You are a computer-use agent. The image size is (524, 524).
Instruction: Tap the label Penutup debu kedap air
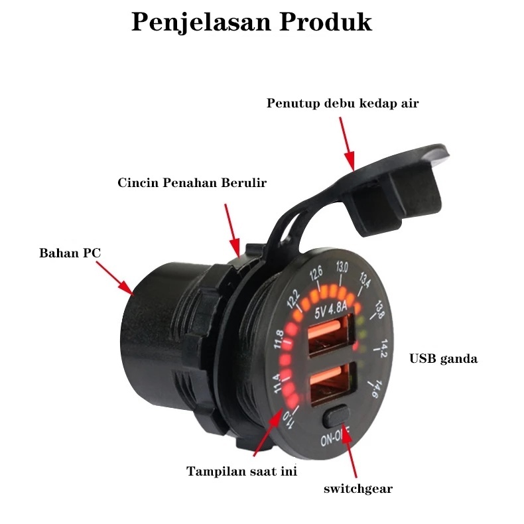[343, 103]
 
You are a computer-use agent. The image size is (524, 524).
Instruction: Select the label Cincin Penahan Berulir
[192, 182]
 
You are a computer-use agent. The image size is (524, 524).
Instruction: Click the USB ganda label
[443, 359]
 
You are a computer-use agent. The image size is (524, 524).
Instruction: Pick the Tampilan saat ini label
[241, 472]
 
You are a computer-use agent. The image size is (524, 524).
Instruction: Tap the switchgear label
[358, 489]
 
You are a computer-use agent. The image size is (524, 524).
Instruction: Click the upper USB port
[332, 337]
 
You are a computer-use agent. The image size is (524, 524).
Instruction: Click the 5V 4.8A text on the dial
[336, 308]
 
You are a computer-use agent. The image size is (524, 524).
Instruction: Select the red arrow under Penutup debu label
[347, 143]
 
